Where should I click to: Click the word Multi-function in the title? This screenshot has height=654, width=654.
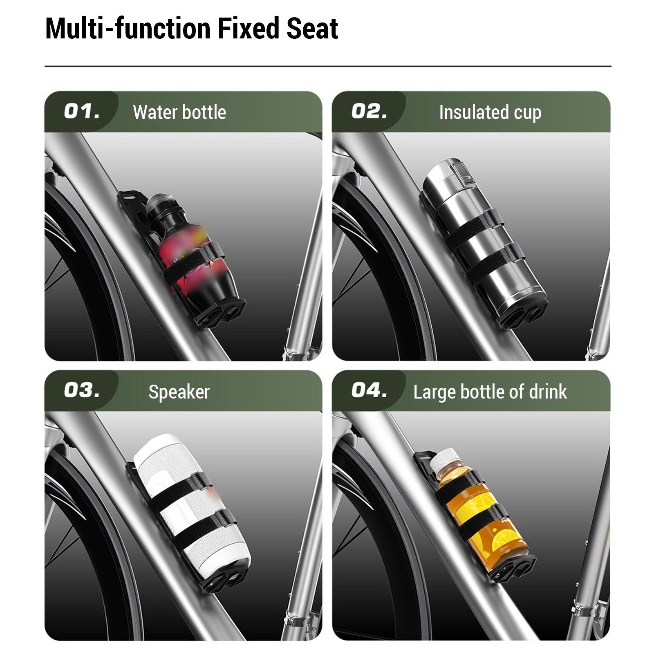(128, 28)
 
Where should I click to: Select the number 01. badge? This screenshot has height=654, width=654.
(82, 111)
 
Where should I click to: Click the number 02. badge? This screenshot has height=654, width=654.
(369, 111)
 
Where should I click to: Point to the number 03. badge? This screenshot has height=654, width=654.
(82, 390)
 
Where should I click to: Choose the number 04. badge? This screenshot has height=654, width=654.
(369, 390)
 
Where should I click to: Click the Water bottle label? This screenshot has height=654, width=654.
(179, 112)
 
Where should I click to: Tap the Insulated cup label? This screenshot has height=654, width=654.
(490, 112)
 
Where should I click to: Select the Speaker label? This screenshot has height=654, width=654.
(179, 392)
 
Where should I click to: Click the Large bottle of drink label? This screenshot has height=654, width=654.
(490, 392)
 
